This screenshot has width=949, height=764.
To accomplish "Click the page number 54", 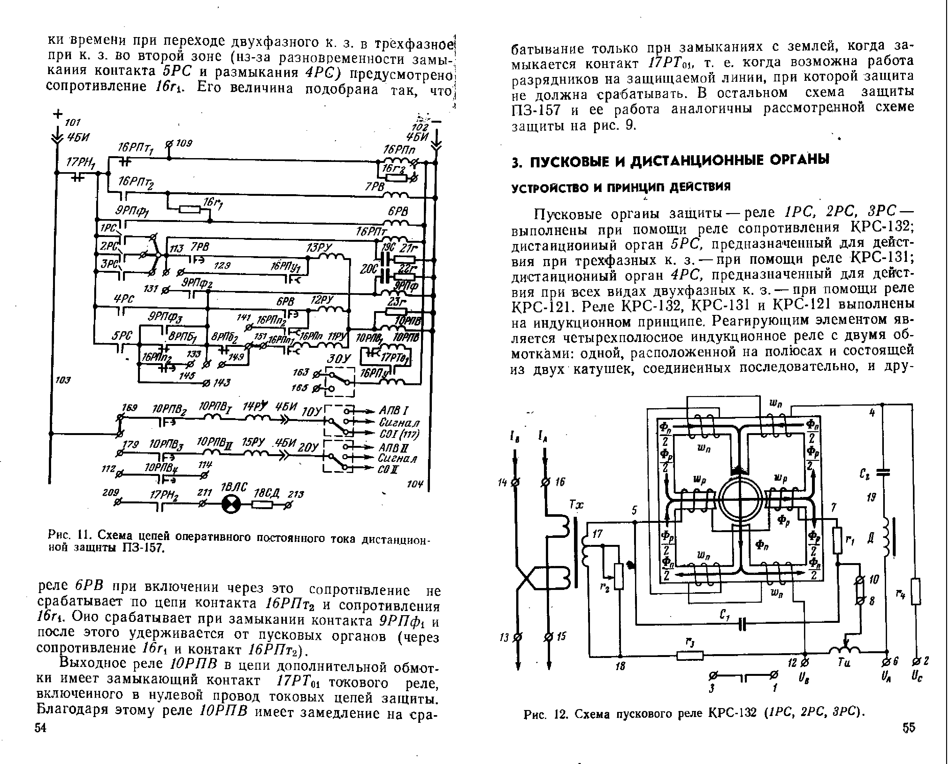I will click(x=41, y=728).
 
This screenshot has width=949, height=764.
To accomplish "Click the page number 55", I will click(x=908, y=728).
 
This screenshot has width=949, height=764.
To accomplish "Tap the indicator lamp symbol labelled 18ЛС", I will click(x=231, y=504).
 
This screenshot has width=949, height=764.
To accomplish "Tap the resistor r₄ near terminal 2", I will click(x=915, y=592).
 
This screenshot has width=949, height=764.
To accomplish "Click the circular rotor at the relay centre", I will click(x=740, y=499).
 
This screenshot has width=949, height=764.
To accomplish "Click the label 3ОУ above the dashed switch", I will click(x=338, y=359).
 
